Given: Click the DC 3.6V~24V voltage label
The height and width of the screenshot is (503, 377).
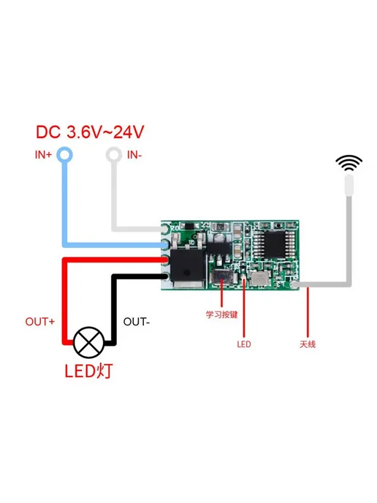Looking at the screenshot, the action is coord(90,132).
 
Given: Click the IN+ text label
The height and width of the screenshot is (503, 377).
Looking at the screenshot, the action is coord(43,155).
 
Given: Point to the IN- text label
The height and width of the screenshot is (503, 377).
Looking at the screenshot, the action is coord(134,155).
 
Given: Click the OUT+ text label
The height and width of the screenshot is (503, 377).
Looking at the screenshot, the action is coord(40,322).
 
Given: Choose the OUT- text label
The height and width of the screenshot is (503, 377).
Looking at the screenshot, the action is coord(137,322).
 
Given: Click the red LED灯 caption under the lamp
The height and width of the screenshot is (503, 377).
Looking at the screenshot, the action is coord(89,371).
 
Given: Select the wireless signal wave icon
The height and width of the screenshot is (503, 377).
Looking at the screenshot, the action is coord(349,163).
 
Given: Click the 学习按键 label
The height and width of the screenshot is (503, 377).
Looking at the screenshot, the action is coord(222,314).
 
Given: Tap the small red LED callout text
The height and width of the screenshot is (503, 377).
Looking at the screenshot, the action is coord(244,344).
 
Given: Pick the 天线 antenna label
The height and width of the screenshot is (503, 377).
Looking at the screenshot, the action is coord(308,344).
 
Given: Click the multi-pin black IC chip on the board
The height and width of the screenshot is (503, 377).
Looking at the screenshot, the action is coord(274,244).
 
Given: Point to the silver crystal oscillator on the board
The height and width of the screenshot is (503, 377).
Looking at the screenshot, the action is coord(259,279).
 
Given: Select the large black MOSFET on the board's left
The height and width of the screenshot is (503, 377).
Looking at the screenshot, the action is coord(188,266).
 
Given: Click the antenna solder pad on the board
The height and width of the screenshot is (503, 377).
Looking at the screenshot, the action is coord(293,284).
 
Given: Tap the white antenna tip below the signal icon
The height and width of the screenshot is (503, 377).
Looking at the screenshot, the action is coord(349,185).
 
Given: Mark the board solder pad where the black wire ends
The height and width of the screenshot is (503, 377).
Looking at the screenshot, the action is coord(165,276).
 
